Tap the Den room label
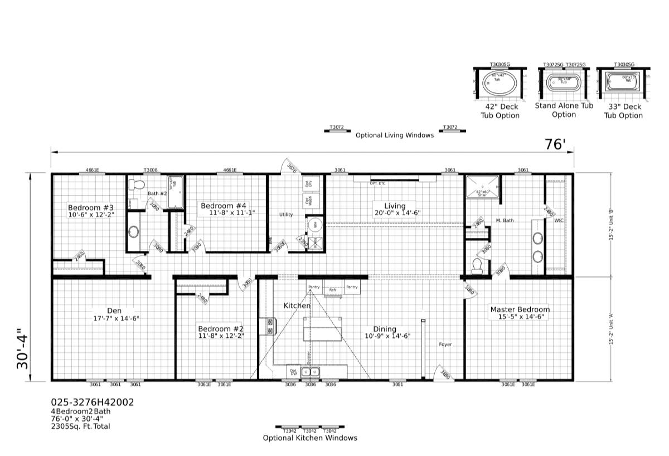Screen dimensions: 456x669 tap(114, 311)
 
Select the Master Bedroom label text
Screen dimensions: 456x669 tap(520, 309)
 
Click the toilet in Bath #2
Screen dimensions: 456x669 tap(138, 185)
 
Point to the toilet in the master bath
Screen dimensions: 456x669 tap(477, 266)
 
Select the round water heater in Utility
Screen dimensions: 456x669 tap(314, 225)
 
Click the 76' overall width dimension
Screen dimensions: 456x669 tap(555, 144)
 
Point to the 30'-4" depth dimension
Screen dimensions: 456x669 tap(22, 350)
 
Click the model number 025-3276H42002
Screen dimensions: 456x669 tap(92, 402)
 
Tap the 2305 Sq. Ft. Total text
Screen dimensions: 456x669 tap(80, 426)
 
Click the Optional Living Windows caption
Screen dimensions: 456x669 tap(394, 135)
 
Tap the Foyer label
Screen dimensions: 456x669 tap(445, 345)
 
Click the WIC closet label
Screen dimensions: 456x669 tap(559, 221)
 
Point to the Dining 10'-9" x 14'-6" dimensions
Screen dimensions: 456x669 tap(388, 336)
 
